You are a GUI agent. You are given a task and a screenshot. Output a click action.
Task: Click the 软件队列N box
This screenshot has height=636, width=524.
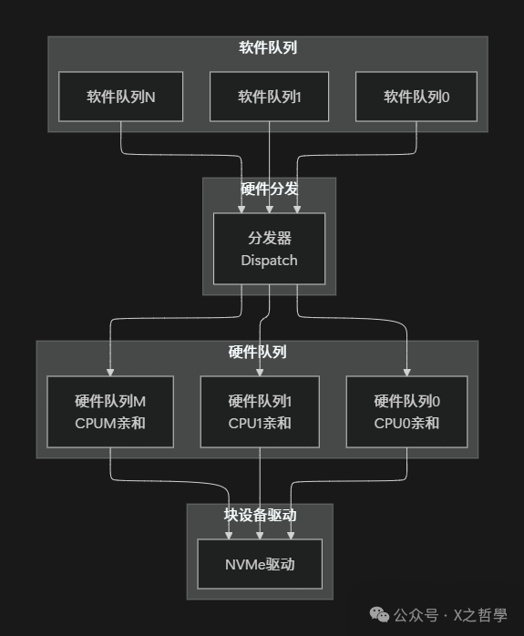click(x=121, y=97)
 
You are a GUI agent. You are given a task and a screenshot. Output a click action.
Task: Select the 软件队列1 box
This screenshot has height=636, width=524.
click(x=269, y=97)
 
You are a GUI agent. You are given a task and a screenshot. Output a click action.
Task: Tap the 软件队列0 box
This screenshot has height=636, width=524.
click(x=416, y=97)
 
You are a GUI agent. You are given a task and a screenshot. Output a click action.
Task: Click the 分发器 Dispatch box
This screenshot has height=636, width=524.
click(x=269, y=249)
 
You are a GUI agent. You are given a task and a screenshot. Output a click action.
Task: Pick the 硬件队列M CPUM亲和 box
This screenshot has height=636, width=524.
click(x=110, y=412)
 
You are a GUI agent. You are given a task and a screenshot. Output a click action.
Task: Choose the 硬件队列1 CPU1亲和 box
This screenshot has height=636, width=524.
click(x=260, y=412)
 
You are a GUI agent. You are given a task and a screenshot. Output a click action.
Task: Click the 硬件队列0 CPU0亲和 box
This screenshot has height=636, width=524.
click(x=406, y=412)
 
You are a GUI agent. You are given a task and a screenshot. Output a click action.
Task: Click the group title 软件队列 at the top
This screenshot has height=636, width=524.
click(x=268, y=47)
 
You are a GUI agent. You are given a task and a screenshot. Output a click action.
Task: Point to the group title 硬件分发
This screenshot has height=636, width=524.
click(x=269, y=190)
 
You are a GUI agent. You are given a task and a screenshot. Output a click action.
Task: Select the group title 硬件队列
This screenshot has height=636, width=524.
click(x=257, y=352)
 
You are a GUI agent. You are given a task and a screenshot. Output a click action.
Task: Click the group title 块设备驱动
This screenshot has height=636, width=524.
click(x=260, y=515)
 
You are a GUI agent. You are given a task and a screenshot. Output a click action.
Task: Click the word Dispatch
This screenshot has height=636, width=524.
click(x=269, y=261)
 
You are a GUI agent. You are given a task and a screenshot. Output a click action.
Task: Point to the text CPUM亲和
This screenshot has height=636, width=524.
click(x=110, y=423)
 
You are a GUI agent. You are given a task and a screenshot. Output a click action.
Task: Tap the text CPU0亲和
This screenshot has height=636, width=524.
click(x=406, y=423)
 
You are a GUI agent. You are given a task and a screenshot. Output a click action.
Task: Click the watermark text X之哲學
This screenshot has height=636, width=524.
click(x=480, y=615)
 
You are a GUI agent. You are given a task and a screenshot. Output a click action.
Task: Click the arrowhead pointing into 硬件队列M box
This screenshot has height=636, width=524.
click(x=110, y=371)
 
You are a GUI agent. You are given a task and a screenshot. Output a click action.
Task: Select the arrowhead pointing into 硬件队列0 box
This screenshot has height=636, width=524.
click(x=406, y=371)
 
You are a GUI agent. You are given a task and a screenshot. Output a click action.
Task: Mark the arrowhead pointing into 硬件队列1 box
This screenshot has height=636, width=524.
click(x=260, y=371)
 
